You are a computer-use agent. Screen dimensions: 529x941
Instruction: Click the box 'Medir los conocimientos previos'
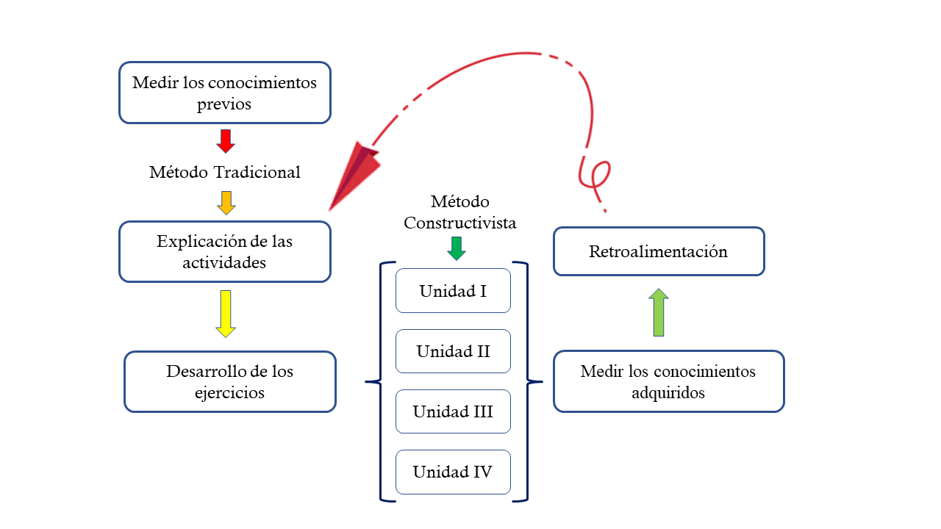pos(224,92)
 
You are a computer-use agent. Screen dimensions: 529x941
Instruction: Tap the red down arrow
pos(226,141)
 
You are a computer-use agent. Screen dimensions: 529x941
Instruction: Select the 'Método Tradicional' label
pos(225,172)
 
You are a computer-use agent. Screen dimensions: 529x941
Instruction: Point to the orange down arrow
pos(226,203)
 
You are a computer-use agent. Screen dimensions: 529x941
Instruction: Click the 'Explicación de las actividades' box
pos(224,251)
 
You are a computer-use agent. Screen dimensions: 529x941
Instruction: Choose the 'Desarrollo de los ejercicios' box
pos(229,381)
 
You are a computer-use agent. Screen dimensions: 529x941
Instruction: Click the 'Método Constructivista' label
pos(459,212)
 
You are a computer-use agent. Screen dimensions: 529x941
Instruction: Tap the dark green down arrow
pos(457,249)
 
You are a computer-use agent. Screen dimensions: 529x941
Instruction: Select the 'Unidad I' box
pos(453,290)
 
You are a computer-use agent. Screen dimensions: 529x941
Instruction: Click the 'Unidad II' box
pos(453,351)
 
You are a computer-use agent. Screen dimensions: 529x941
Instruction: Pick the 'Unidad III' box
pos(453,411)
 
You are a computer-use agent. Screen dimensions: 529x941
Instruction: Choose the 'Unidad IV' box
pos(453,472)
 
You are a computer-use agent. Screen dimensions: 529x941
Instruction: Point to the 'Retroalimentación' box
pos(658,251)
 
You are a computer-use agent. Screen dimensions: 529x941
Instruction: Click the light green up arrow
pos(659,312)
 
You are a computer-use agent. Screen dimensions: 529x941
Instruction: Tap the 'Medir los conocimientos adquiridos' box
pos(668,381)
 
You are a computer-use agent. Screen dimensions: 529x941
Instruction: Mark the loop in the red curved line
pos(593,173)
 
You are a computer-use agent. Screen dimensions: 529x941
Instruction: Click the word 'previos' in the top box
pos(224,104)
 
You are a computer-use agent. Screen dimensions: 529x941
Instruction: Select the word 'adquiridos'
pos(668,393)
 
